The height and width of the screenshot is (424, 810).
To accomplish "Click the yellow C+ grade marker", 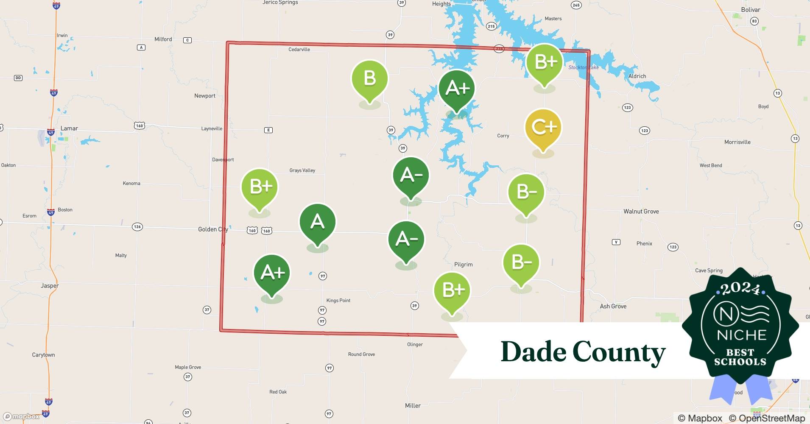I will pyautogui.click(x=543, y=128).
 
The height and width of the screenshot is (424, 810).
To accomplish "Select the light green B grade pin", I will pyautogui.click(x=369, y=79).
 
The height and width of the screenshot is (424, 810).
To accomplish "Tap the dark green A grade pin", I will pyautogui.click(x=317, y=222).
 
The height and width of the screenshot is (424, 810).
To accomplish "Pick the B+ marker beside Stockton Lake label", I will pyautogui.click(x=545, y=63).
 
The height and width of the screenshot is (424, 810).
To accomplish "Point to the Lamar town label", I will pyautogui.click(x=69, y=128).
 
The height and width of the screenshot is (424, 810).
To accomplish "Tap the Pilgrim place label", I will pyautogui.click(x=463, y=265).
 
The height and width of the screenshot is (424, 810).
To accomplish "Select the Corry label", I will pyautogui.click(x=503, y=136).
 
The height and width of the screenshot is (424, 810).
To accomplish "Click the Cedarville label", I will pyautogui.click(x=299, y=50).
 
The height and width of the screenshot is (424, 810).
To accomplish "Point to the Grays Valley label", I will pyautogui.click(x=302, y=170).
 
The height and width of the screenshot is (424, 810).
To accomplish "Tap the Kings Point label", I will pyautogui.click(x=338, y=301).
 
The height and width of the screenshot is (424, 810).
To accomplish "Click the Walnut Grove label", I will pyautogui.click(x=641, y=212).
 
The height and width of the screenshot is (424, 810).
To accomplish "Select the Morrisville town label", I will pyautogui.click(x=737, y=142).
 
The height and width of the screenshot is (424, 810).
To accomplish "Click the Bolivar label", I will pyautogui.click(x=751, y=10).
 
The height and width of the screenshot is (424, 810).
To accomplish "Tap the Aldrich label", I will pyautogui.click(x=637, y=76).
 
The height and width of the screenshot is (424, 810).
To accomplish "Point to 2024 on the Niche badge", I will pyautogui.click(x=740, y=289).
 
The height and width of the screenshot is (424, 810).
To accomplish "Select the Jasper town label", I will pyautogui.click(x=50, y=286).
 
